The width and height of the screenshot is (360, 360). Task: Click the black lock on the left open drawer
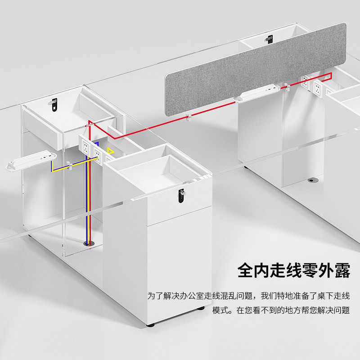(x=55, y=103)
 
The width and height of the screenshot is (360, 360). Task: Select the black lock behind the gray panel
(x=269, y=40)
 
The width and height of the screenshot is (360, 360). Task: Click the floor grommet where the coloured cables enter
(x=87, y=243)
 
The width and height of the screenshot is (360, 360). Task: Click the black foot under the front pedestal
(x=152, y=324)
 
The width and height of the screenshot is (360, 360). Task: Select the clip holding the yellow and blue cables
(x=69, y=167)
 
